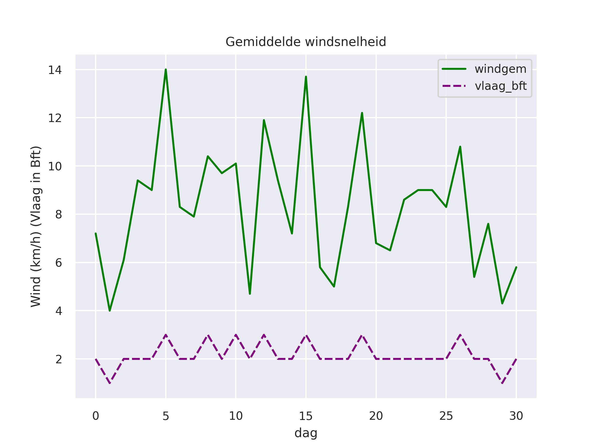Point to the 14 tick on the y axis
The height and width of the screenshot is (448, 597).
pyautogui.click(x=55, y=70)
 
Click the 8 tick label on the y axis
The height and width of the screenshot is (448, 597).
pyautogui.click(x=59, y=214)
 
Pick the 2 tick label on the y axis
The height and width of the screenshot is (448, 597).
pyautogui.click(x=59, y=359)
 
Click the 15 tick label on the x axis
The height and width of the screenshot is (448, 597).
pyautogui.click(x=306, y=416)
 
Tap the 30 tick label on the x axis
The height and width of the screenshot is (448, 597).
pyautogui.click(x=516, y=416)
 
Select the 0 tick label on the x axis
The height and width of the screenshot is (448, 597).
pyautogui.click(x=96, y=416)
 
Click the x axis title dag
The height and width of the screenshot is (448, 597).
pyautogui.click(x=306, y=433)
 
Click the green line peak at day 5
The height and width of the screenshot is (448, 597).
pyautogui.click(x=166, y=70)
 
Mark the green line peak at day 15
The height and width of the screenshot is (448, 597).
pyautogui.click(x=306, y=77)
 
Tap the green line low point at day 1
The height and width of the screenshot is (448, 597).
pyautogui.click(x=110, y=311)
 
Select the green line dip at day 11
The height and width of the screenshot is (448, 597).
pyautogui.click(x=250, y=294)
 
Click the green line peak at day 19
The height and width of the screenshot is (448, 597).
pyautogui.click(x=362, y=113)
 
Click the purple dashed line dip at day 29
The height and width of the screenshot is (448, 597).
pyautogui.click(x=502, y=383)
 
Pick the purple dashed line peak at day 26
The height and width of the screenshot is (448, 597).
pyautogui.click(x=460, y=335)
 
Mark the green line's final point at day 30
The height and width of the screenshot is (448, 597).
pyautogui.click(x=516, y=267)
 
